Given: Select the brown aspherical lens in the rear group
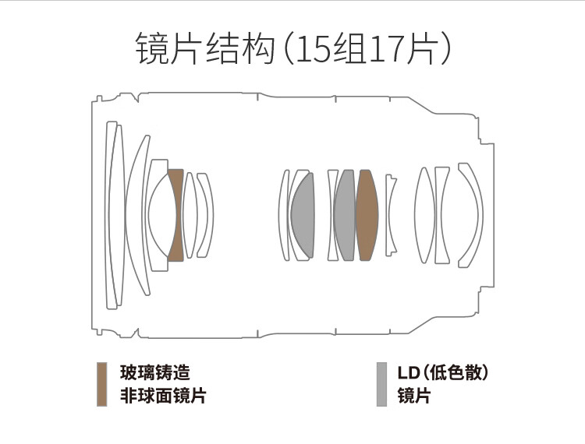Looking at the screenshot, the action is click(x=367, y=215).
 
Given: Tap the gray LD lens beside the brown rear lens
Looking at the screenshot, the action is click(x=345, y=215).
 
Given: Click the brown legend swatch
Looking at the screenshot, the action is click(x=101, y=384).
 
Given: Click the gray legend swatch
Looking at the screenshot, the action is click(x=381, y=384).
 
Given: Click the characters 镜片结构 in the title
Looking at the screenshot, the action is click(x=205, y=48).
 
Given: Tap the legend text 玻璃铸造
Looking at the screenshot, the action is click(x=155, y=372).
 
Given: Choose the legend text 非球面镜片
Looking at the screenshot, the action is click(x=163, y=395).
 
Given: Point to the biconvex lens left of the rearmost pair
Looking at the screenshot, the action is click(x=425, y=215).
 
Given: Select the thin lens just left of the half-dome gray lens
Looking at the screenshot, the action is click(x=284, y=215).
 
